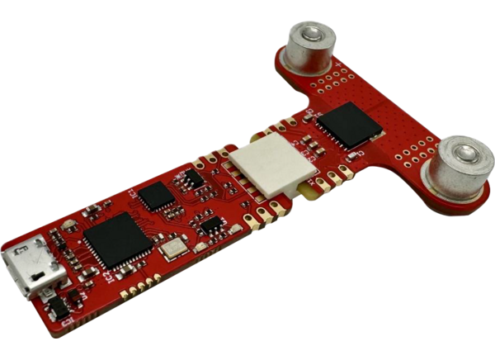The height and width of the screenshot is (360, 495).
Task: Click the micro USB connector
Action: tap(32, 268)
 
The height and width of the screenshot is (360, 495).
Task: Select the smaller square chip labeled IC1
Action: tap(155, 196)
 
